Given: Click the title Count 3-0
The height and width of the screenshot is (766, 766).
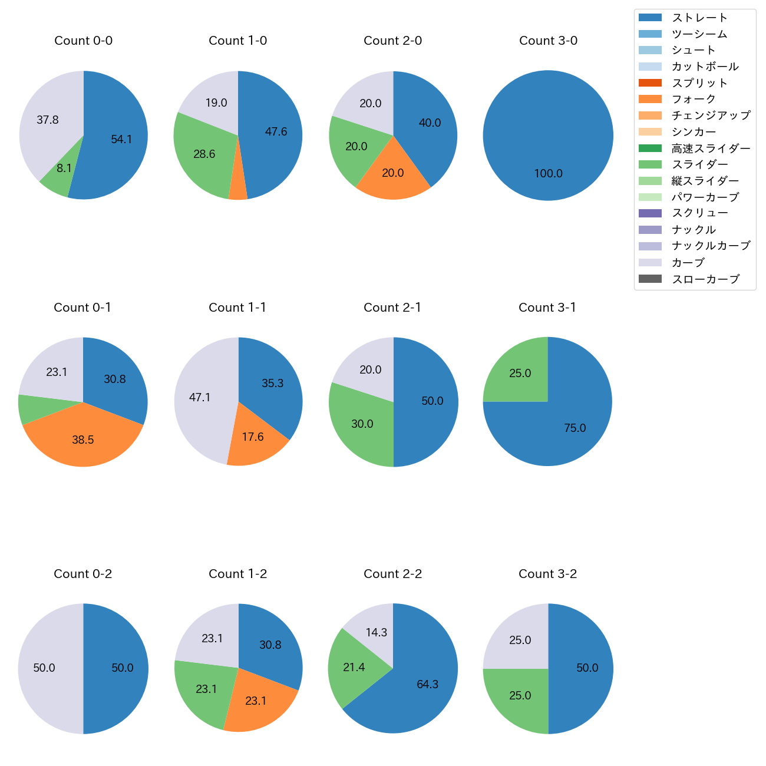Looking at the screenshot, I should coord(548,41).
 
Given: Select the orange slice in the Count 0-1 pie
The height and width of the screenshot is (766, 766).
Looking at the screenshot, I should coord(82,439).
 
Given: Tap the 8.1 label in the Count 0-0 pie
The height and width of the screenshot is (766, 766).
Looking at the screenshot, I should coord(64,169).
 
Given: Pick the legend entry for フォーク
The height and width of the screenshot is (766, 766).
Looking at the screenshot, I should coord(694,99).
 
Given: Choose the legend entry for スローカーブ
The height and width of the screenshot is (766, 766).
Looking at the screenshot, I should coord(705,279).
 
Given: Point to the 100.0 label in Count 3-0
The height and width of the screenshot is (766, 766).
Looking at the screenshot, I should coord(548,173).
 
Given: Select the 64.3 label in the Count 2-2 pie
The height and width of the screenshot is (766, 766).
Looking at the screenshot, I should coord(427,684).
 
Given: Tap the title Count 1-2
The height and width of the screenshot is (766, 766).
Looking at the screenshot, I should coord(237,574).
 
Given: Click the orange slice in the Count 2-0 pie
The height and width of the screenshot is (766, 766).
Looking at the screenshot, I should coord(393,173).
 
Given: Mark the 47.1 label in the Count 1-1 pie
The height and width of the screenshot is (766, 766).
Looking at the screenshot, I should coord(200,398).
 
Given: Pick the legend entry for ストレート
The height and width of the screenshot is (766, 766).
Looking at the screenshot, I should coord(699,18).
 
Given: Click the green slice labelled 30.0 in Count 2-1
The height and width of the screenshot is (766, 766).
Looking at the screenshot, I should coord(362,424).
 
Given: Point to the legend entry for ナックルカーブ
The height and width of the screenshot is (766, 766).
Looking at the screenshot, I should coord(711,246).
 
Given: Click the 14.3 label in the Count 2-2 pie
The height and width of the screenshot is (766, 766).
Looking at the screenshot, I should coord(376,632).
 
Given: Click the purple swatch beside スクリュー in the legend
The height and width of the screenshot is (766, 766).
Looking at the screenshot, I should coord(650,213).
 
